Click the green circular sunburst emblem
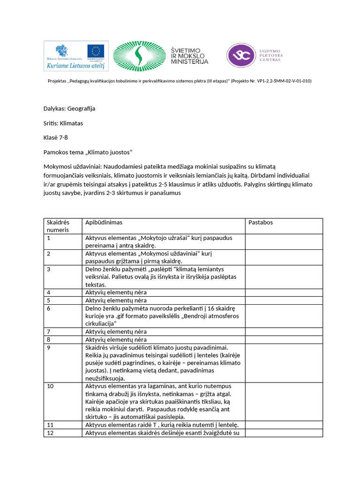tap(138, 57)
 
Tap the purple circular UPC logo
tap(241, 56)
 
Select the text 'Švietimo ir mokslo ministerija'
tap(189, 55)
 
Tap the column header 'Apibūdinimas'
tap(104, 222)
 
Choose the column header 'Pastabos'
tap(261, 222)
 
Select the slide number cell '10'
tap(50, 386)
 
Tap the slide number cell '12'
tap(50, 433)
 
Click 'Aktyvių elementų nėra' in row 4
tap(116, 292)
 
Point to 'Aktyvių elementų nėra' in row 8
tap(116, 339)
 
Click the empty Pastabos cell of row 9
tap(284, 363)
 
